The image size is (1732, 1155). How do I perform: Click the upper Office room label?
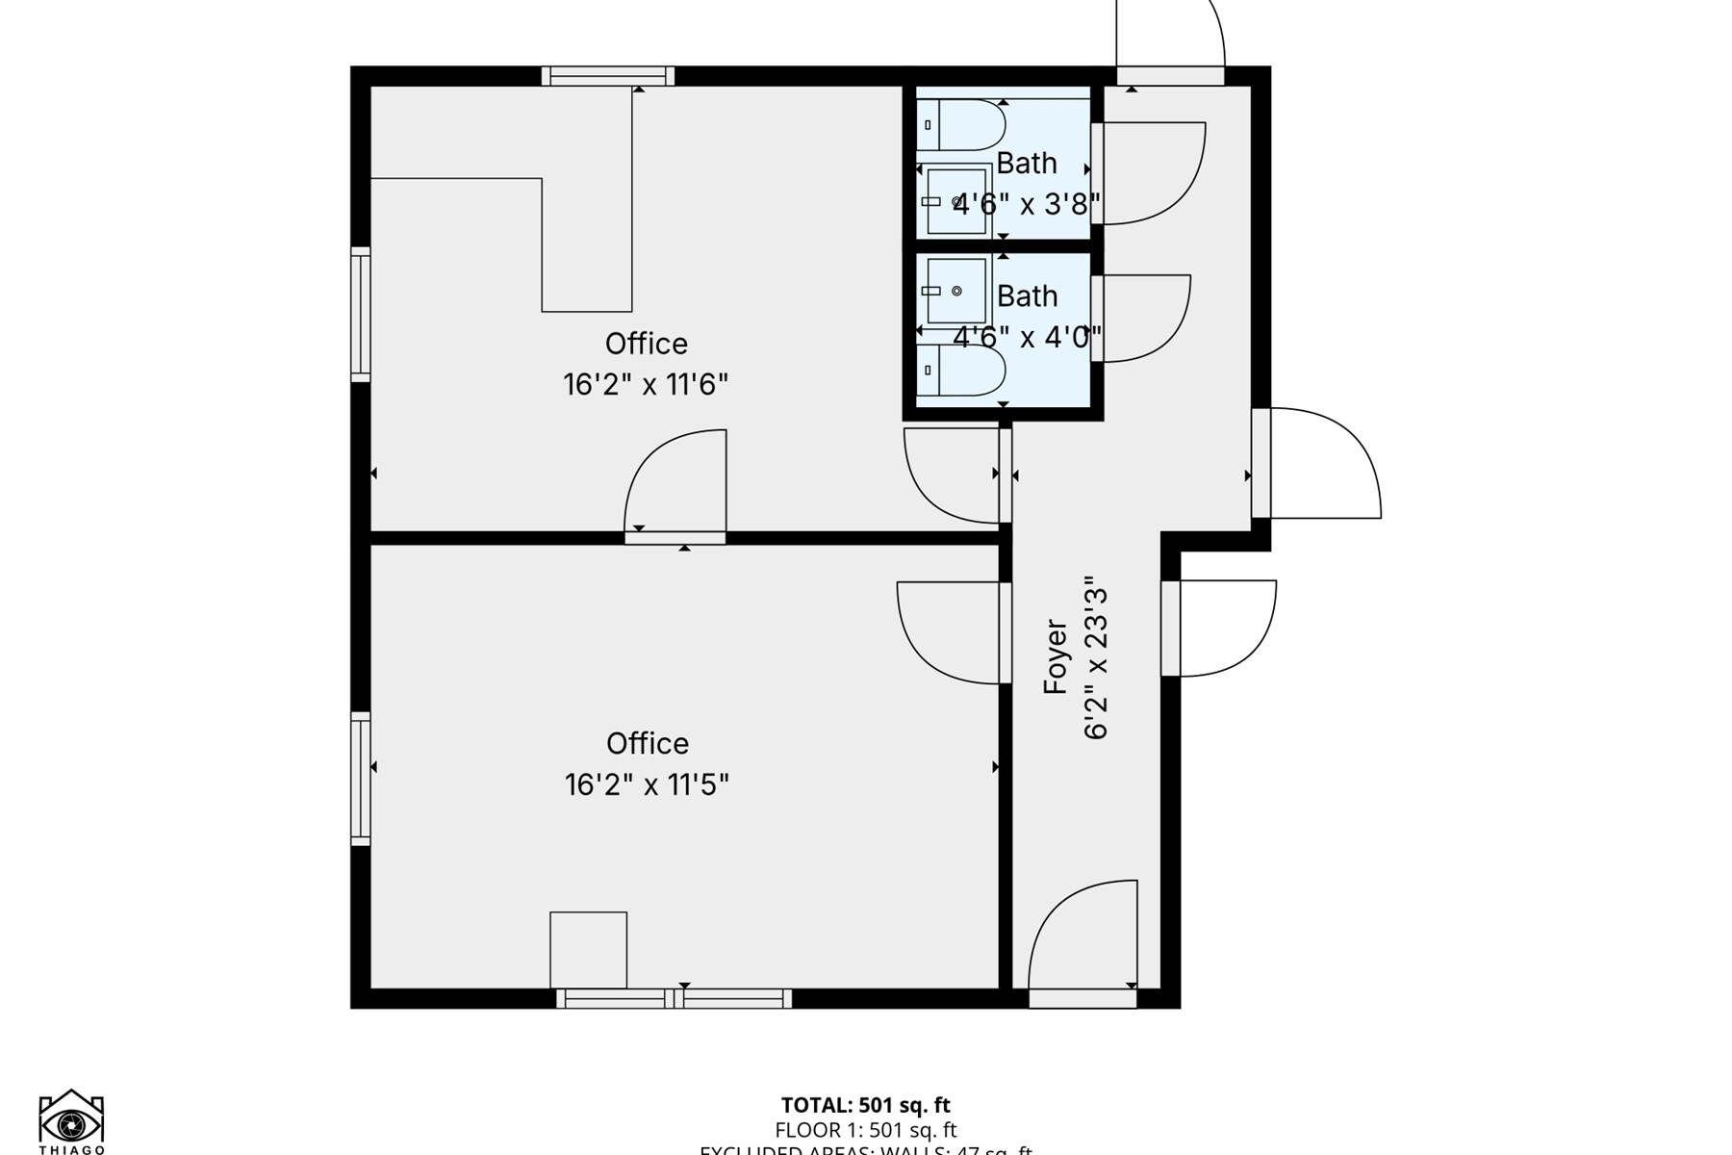(x=646, y=344)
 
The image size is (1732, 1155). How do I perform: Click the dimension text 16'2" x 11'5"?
(x=646, y=784)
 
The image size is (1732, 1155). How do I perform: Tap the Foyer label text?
(x=1056, y=656)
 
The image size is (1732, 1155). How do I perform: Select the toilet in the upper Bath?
(x=960, y=125)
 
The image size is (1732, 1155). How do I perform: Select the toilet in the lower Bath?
(x=960, y=371)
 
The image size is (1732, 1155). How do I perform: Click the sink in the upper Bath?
(x=955, y=201)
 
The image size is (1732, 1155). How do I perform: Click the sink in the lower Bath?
(x=955, y=291)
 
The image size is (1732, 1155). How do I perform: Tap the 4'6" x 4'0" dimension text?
(x=1026, y=338)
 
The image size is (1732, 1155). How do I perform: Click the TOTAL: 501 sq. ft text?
(x=865, y=1105)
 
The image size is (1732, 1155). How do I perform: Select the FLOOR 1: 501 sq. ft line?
(x=865, y=1130)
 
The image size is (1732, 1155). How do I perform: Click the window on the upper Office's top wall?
(x=607, y=76)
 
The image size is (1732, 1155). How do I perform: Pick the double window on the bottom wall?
(x=674, y=999)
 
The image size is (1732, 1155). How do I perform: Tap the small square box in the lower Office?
(x=588, y=950)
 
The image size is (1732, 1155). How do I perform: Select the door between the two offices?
(x=675, y=486)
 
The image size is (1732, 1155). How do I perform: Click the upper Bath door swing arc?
(x=1155, y=173)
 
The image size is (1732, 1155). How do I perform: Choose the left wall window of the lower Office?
(x=360, y=779)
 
